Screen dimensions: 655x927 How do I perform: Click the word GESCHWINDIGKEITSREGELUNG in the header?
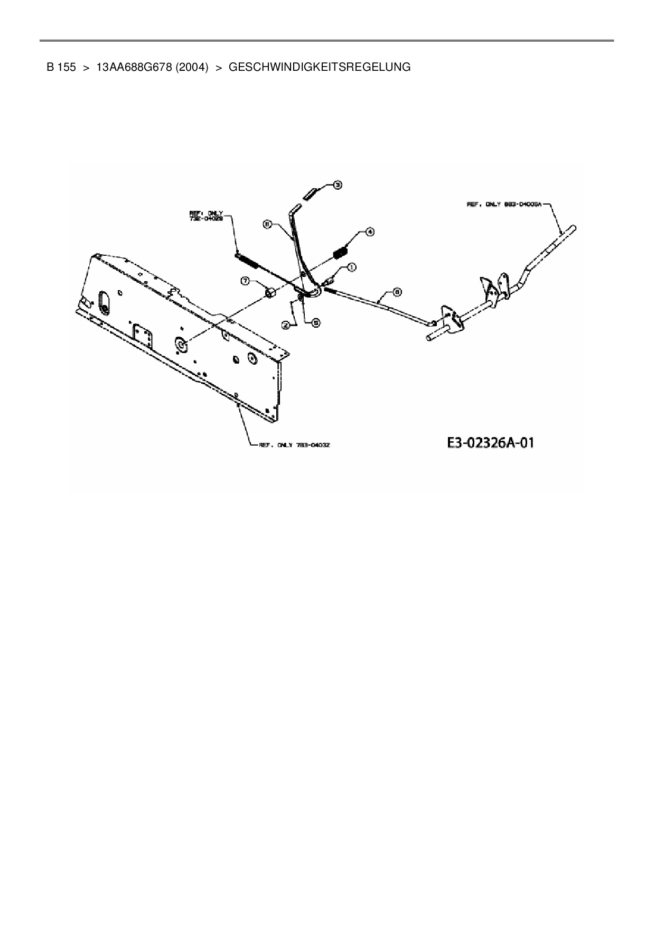pos(319,67)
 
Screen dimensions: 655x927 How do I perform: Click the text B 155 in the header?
pos(61,67)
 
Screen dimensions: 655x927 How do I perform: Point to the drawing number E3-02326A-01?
pos(490,442)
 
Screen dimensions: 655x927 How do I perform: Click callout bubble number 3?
pos(337,184)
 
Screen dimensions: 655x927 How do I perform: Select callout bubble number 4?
pos(369,231)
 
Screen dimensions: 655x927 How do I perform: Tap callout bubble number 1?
pos(351,267)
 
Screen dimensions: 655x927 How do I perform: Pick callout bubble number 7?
pos(246,281)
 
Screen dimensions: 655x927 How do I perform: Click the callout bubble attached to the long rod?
pos(397,291)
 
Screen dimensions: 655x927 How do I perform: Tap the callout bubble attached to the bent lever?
pos(267,224)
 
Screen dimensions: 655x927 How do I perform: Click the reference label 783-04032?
pos(294,445)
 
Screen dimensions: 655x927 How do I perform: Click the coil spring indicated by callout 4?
pos(341,252)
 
